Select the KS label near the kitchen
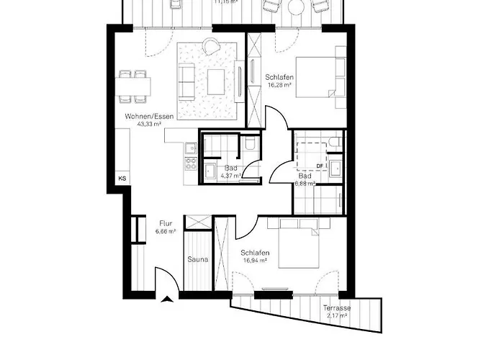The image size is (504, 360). point(122,178)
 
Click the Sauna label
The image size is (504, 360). point(199,259)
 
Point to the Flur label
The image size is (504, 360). point(166,223)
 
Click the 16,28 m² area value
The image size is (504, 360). point(278,85)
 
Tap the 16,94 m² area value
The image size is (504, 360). point(256,261)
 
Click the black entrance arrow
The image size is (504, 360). point(168,300)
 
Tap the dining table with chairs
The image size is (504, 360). point(133,86)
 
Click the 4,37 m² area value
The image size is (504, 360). point(230,176)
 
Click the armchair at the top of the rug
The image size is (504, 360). point(210,47)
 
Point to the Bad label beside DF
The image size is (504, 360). point(305,176)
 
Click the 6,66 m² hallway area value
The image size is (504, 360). point(166,232)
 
